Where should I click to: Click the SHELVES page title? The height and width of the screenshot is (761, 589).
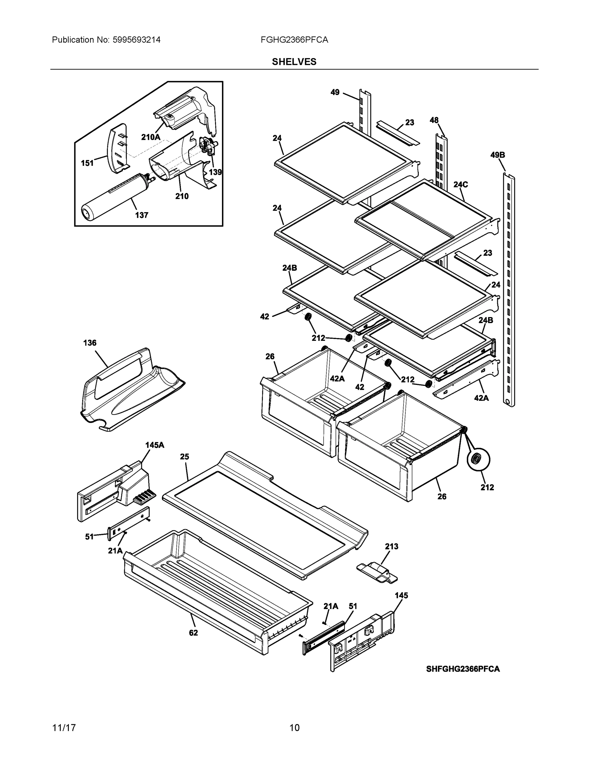[294, 62]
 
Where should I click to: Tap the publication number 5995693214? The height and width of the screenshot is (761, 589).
[137, 40]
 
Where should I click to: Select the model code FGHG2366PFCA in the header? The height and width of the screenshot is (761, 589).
[294, 40]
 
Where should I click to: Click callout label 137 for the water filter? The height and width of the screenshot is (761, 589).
[141, 215]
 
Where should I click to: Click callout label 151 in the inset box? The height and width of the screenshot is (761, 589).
[87, 163]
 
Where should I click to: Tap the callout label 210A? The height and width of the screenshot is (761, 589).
[151, 137]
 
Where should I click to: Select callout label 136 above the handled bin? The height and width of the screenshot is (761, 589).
[90, 343]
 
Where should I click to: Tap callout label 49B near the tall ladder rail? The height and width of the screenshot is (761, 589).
[497, 155]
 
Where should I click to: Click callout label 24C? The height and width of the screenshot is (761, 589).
[461, 184]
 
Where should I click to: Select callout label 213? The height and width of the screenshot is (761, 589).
[391, 546]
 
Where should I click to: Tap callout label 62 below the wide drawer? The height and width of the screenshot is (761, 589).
[193, 633]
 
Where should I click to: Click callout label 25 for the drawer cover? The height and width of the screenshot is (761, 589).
[184, 457]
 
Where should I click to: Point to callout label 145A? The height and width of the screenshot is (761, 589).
[155, 445]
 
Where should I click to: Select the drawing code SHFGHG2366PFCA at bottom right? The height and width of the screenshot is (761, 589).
[463, 669]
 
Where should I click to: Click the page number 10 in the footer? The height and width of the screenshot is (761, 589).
[294, 728]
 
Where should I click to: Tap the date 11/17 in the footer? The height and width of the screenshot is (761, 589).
[64, 728]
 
